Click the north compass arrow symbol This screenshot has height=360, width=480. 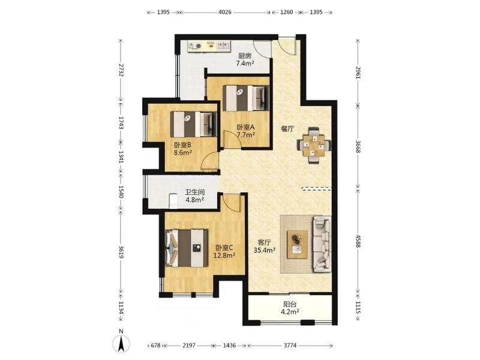coord(121,343)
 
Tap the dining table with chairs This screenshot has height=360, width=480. coord(314,146)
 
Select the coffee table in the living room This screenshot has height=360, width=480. coord(297,245)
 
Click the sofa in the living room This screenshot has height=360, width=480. coord(322,244)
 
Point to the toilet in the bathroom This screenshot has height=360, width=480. coord(173,201)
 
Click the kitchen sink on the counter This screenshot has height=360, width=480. coord(224,46)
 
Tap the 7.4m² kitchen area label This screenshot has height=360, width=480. coord(245,64)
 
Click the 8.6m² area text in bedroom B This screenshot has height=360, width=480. coord(183,152)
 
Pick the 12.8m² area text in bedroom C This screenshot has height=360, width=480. coord(224,255)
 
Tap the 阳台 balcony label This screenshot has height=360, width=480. coord(290,304)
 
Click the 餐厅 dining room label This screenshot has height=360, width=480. coord(288,129)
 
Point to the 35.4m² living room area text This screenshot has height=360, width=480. coord(265,250)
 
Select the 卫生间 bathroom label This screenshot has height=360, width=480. coord(194,192)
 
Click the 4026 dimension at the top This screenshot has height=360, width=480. coord(224,12)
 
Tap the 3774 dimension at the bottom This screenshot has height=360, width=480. coord(290,346)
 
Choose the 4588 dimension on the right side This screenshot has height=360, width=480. coord(358,241)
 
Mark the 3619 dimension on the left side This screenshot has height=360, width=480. coord(121,253)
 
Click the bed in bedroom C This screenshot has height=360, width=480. coord(187,248)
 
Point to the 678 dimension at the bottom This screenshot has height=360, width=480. coord(156,346)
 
